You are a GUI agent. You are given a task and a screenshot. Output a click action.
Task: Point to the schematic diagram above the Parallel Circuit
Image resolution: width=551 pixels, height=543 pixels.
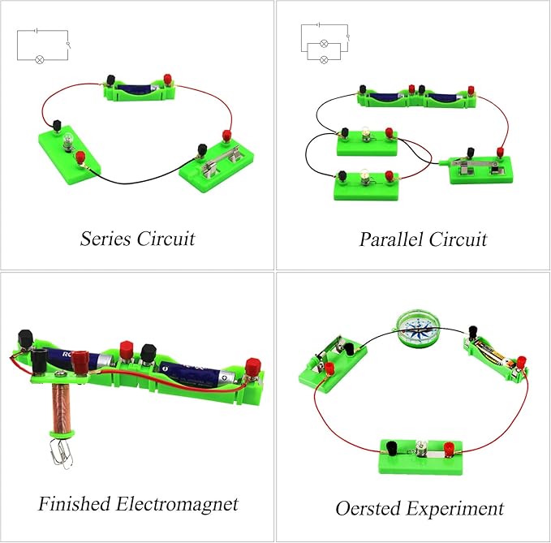point(325,45)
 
